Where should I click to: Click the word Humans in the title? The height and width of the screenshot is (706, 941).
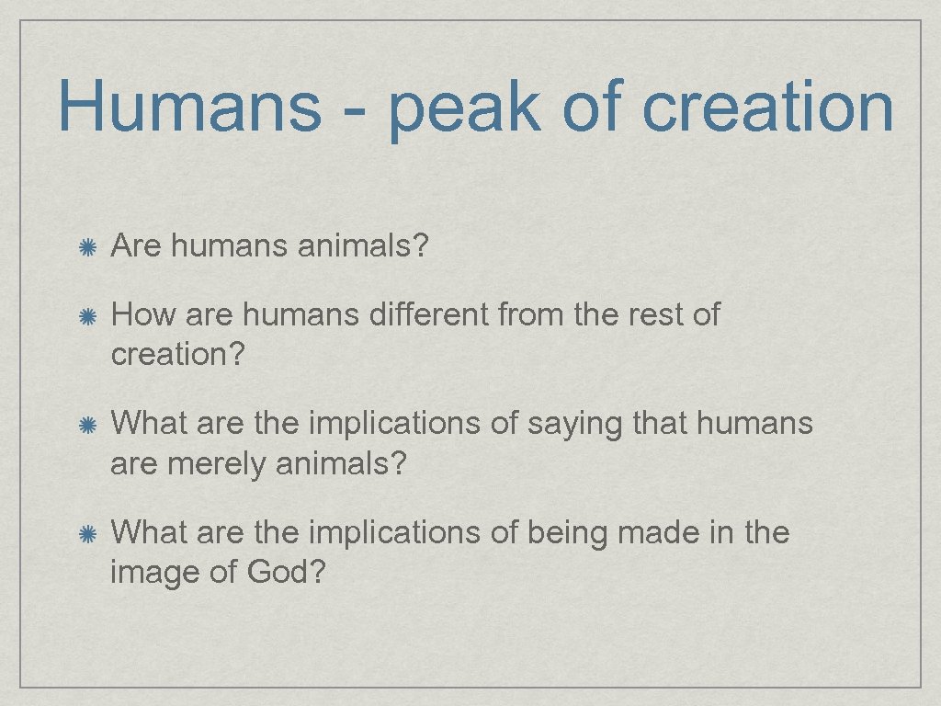coord(189,108)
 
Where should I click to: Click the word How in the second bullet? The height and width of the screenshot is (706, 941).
coord(143,315)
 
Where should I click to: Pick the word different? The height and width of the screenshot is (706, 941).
coord(429,315)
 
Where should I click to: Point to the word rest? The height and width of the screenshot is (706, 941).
coord(647,315)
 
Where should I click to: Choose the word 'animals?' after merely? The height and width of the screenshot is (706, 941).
coord(340,464)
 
